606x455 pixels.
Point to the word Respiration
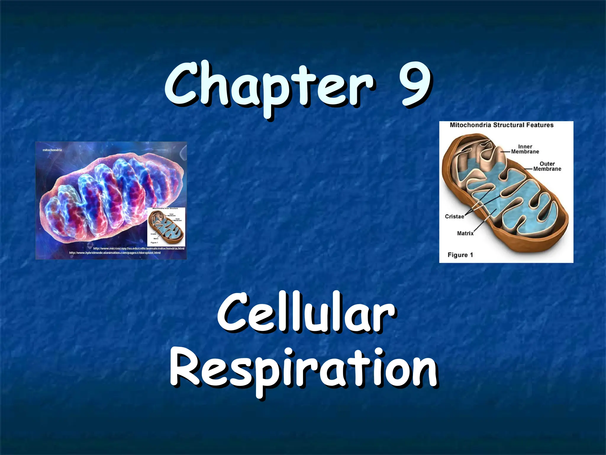pos(303,370)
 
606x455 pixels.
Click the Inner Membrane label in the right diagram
pos(525,149)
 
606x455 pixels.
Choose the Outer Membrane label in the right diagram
pos(547,166)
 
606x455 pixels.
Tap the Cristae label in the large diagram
pos(454,217)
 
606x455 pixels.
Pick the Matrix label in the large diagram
pos(465,233)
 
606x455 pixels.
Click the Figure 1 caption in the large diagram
pos(460,255)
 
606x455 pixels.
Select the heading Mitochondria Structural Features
pos(502,125)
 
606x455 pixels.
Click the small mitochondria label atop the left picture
pos(52,150)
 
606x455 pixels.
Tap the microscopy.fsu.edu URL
pos(138,248)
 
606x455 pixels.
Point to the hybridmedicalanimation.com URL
pos(115,253)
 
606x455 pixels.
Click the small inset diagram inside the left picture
pos(166,227)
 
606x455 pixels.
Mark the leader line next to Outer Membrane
pos(528,169)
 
